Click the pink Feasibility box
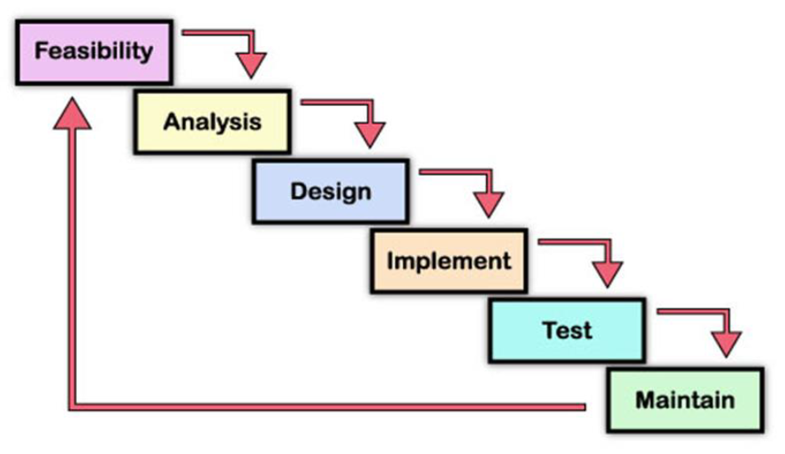click(x=94, y=51)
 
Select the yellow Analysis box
click(x=212, y=121)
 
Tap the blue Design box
click(x=331, y=191)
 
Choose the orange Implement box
click(x=449, y=261)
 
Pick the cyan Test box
click(x=567, y=330)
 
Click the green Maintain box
click(x=685, y=400)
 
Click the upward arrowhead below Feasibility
click(x=72, y=115)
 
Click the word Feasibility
click(x=94, y=51)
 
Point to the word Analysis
click(x=212, y=121)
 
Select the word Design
click(x=331, y=191)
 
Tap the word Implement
click(x=449, y=261)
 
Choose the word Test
click(x=567, y=330)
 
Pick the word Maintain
click(x=685, y=400)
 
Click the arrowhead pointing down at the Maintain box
click(x=726, y=343)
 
